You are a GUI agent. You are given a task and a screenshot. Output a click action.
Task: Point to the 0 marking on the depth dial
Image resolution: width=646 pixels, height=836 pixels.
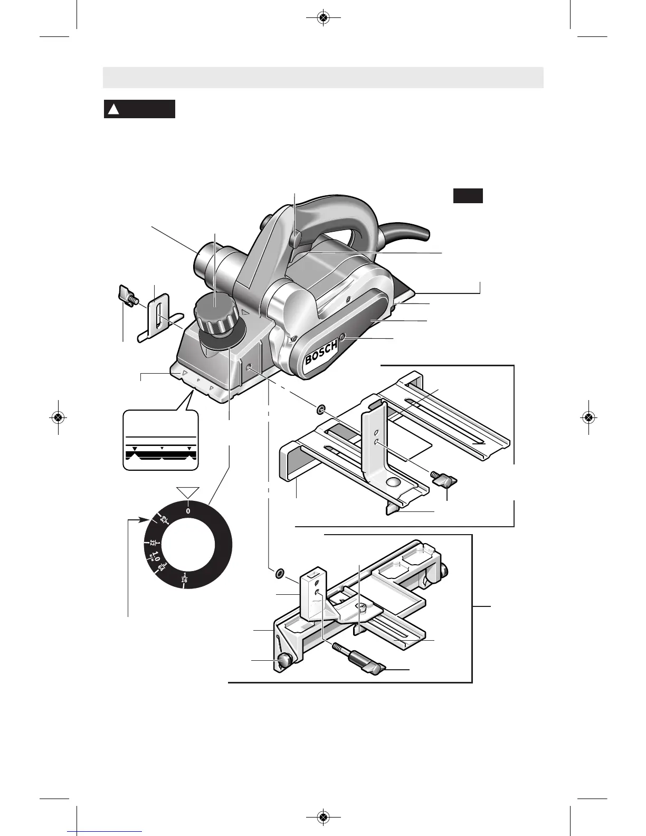(x=188, y=511)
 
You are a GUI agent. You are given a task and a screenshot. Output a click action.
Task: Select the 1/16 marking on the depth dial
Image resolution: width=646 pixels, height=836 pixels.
(x=184, y=577)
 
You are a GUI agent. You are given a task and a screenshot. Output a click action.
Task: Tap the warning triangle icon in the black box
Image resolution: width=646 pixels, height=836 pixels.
(x=113, y=110)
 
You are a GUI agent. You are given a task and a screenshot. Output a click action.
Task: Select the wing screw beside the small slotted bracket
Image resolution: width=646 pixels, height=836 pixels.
(x=128, y=296)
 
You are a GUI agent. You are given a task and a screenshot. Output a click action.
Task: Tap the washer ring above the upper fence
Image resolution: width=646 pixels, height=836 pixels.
(x=320, y=410)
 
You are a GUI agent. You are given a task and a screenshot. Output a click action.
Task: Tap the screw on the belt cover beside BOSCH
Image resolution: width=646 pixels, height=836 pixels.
(x=343, y=337)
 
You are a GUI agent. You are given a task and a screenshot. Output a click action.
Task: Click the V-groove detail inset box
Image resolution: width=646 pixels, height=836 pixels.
(x=161, y=440)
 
